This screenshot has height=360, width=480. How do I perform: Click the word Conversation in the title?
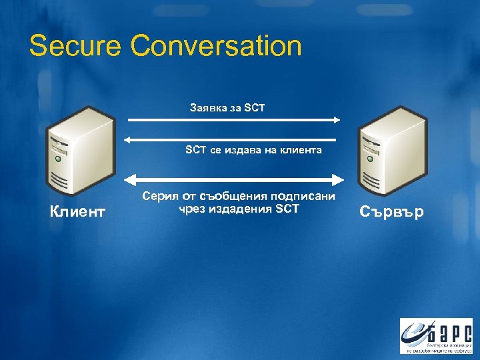(216, 47)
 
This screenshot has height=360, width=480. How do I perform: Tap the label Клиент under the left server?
(77, 212)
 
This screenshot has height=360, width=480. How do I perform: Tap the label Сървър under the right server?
(392, 213)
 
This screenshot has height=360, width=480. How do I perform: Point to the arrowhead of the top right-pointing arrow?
(337, 120)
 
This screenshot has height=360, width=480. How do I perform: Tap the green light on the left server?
(59, 159)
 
